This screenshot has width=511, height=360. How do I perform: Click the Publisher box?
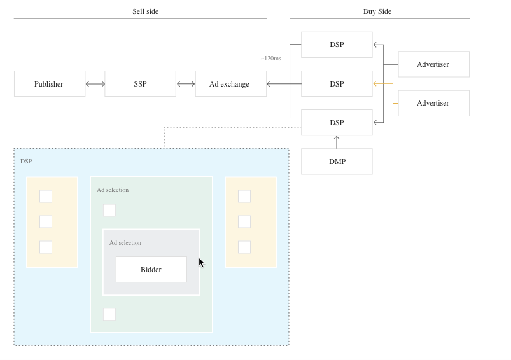pos(50,84)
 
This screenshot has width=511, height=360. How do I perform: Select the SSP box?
pos(140,84)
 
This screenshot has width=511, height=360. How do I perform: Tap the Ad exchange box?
pos(231,84)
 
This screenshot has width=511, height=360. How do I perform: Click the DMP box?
pos(337,162)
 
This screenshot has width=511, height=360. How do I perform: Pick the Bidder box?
pos(151,270)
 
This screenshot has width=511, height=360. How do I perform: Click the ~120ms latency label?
pos(271,59)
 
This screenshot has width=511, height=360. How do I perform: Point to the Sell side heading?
pos(145,11)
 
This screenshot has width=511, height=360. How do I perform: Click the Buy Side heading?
pos(377,11)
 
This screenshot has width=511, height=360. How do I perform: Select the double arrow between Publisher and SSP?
pos(95,84)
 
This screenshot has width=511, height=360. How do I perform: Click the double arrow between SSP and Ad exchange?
pos(186,84)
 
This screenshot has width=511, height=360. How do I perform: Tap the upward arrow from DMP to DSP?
pos(337,142)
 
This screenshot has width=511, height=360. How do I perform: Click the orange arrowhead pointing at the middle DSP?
pos(375,84)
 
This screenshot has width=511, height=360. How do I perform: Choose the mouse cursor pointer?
pos(201,263)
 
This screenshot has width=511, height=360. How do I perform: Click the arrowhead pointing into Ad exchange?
pos(269,84)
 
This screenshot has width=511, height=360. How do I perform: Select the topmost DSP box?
pos(337,45)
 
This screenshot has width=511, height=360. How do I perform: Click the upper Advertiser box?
pos(434,64)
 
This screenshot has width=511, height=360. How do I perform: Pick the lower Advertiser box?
pos(434,103)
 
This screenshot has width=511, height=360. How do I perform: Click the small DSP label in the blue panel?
pos(26,162)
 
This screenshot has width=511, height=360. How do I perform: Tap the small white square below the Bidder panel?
pos(109,314)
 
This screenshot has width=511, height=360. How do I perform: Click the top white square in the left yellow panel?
pos(46,196)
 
